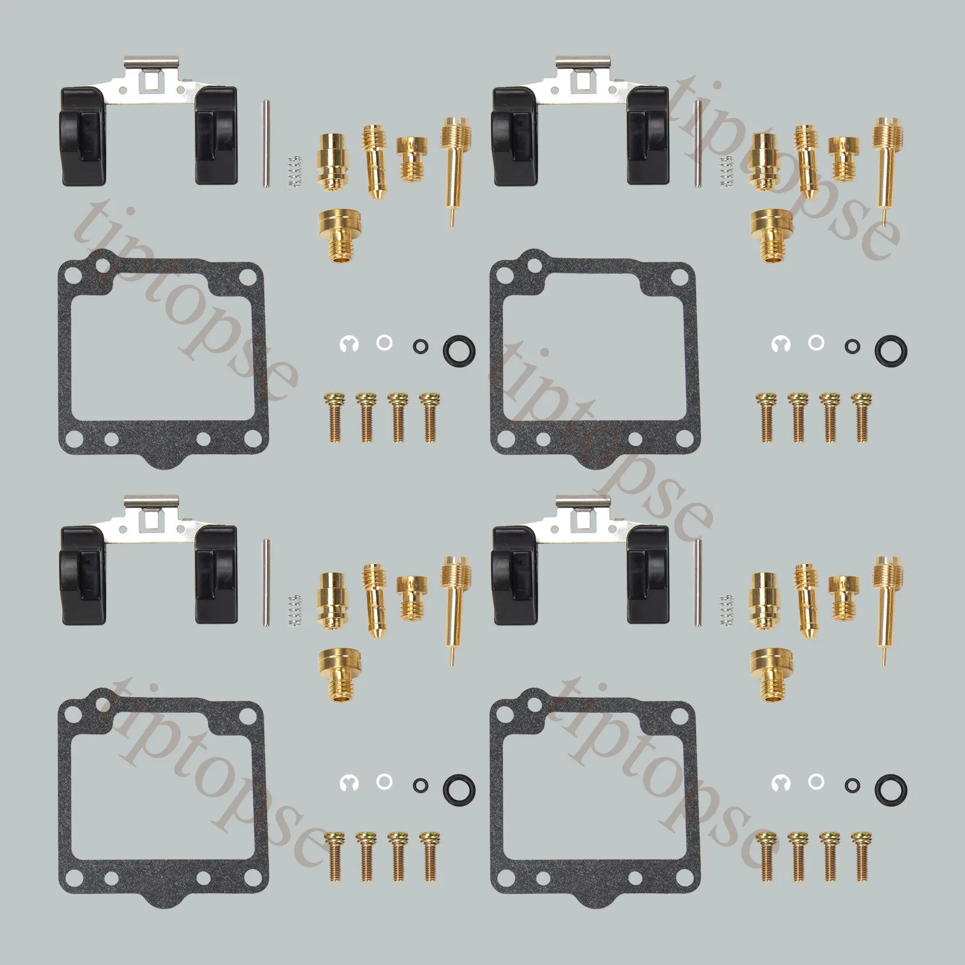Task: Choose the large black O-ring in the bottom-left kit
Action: [459, 786]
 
